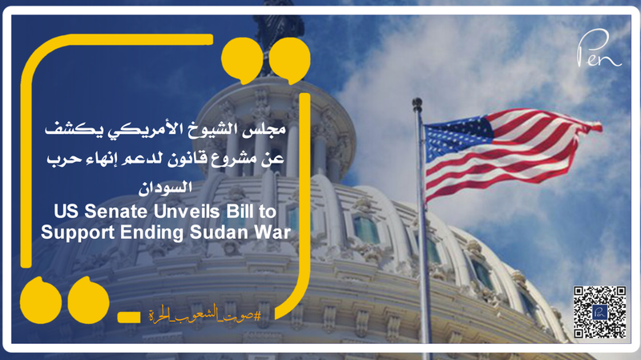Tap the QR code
click(599, 312)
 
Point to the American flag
click(509, 152)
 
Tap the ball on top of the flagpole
click(417, 103)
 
